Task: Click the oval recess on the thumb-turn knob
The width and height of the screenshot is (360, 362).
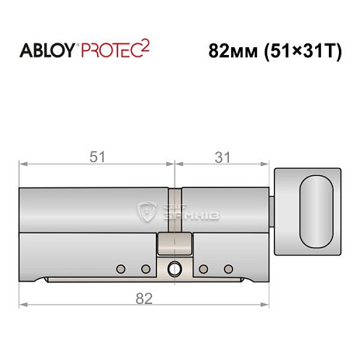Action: tap(317, 209)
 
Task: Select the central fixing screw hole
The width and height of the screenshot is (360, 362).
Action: tap(174, 269)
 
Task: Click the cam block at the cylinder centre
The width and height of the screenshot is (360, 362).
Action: tap(174, 243)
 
